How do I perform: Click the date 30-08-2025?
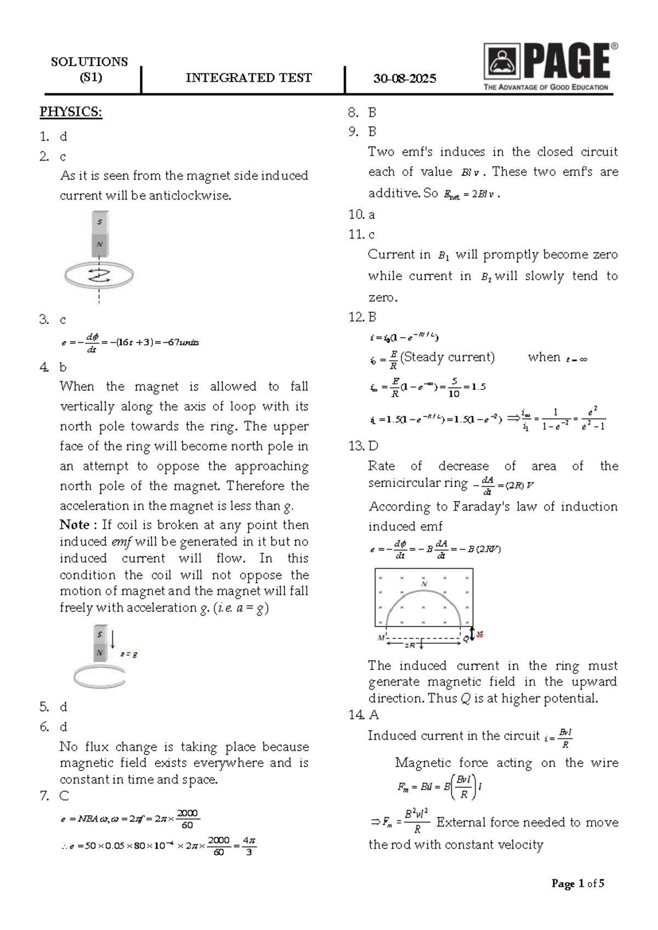[405, 78]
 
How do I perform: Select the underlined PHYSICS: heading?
[71, 112]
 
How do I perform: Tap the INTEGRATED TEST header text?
[248, 78]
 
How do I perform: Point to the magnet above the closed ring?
[100, 234]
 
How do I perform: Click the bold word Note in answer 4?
[75, 525]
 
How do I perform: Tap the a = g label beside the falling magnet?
[129, 654]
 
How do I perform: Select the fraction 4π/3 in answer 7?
[249, 846]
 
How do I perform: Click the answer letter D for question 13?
[373, 446]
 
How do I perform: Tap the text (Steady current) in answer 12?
[447, 358]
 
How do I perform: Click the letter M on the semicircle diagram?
[381, 638]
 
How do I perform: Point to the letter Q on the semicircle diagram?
[466, 639]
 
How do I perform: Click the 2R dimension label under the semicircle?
[410, 645]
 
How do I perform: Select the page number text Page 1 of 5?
[577, 883]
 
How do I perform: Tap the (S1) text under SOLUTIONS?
[90, 77]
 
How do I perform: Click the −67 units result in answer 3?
[183, 343]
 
